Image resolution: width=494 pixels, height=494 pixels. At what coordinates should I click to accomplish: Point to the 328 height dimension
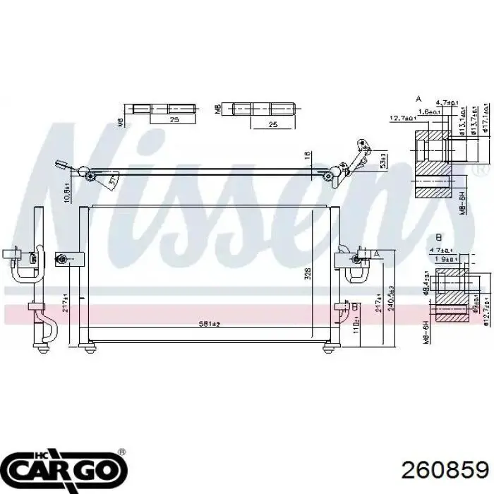tap(308, 275)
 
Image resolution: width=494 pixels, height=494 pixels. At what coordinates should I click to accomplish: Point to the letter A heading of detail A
tap(418, 99)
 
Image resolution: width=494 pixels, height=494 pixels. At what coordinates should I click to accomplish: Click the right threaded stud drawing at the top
tap(262, 109)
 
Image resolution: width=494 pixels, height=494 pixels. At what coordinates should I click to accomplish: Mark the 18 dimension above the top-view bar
tap(306, 155)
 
